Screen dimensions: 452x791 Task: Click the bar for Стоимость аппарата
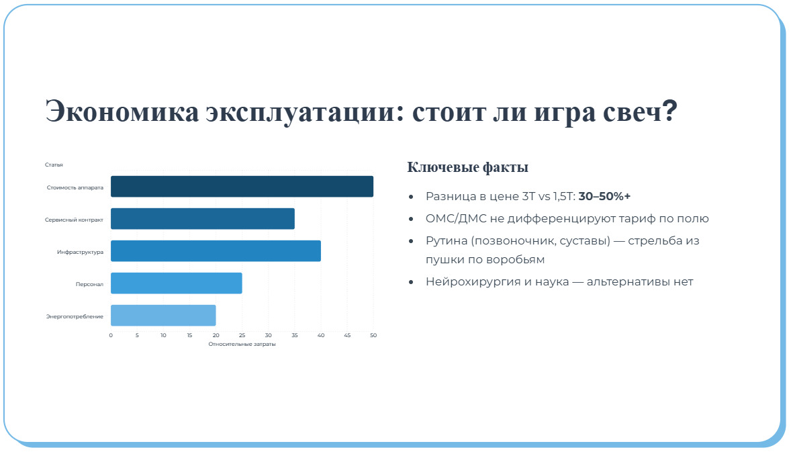point(242,187)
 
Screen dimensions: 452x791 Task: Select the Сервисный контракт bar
point(202,219)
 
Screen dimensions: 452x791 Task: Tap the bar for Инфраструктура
point(216,251)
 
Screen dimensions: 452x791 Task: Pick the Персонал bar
point(176,283)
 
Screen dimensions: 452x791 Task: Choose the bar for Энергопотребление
point(163,316)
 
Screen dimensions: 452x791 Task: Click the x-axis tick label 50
point(373,335)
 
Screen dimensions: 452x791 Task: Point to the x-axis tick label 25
point(242,335)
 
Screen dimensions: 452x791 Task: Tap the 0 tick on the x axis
point(111,335)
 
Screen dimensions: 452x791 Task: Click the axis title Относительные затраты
point(242,344)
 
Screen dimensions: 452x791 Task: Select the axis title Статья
point(54,165)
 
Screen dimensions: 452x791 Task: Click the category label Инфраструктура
point(80,252)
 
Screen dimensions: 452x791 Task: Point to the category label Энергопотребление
point(75,316)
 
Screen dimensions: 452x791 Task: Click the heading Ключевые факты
point(467,167)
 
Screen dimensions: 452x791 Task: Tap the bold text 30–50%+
point(604,196)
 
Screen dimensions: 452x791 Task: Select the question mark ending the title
point(668,109)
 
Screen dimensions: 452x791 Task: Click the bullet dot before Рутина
point(411,241)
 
